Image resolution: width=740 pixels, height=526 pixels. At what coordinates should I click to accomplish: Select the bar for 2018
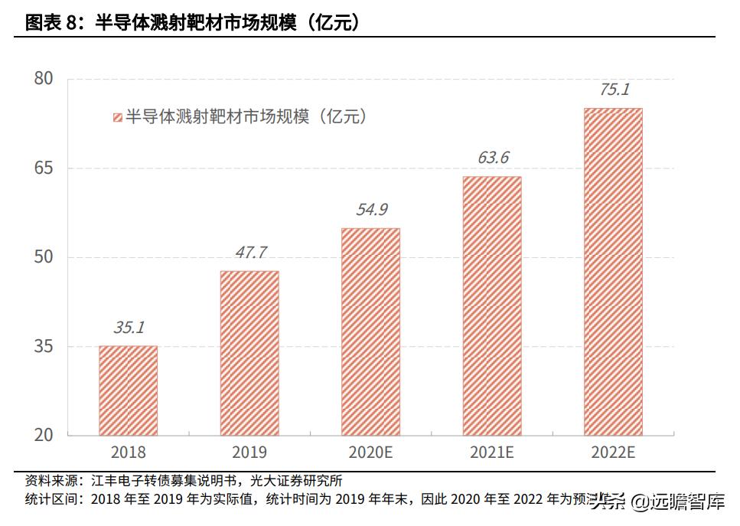(128, 390)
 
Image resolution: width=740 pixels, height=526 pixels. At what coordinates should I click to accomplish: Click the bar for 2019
(249, 353)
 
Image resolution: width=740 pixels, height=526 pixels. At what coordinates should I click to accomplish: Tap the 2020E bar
(370, 332)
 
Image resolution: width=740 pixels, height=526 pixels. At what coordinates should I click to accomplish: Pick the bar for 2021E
(492, 305)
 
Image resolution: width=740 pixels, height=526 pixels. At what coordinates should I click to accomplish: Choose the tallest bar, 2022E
(613, 272)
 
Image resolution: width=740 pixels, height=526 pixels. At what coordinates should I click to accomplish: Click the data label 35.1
(129, 328)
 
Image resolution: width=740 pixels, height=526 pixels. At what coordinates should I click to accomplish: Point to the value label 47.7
(250, 253)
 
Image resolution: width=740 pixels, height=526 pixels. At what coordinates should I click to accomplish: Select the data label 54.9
(371, 210)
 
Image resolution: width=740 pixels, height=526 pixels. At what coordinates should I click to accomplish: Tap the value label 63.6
(493, 158)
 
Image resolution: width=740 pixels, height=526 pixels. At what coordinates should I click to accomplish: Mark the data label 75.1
(614, 90)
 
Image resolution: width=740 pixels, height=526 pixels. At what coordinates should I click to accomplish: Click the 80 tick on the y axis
(44, 78)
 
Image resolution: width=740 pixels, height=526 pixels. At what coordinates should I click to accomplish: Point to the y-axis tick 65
(44, 168)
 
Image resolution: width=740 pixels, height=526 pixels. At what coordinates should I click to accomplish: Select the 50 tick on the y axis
(44, 256)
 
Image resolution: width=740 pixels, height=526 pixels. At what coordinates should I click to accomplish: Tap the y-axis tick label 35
(44, 346)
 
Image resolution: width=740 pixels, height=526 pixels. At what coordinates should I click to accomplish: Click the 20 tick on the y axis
(44, 435)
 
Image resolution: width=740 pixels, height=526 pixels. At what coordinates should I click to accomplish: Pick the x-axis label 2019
(249, 453)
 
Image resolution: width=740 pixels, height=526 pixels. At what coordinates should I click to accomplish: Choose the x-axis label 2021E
(492, 453)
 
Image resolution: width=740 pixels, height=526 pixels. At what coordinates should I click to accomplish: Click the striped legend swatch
(117, 117)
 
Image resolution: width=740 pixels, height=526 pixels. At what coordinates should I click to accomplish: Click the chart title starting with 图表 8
(191, 23)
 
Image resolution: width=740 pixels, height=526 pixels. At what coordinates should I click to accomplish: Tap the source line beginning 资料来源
(184, 481)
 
